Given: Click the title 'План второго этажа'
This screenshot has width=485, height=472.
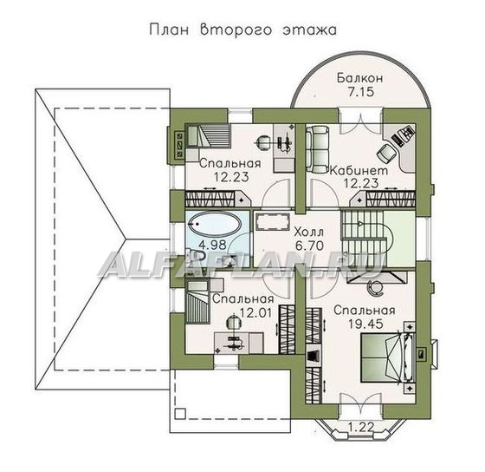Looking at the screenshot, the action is pyautogui.click(x=243, y=30).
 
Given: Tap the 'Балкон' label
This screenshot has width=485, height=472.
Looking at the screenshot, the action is pyautogui.click(x=360, y=78).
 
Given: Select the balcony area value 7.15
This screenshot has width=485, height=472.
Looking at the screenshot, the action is pyautogui.click(x=360, y=92).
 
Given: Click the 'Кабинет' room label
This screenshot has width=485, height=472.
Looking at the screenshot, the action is pyautogui.click(x=359, y=170).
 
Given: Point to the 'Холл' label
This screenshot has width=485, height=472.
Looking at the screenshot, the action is pyautogui.click(x=308, y=232).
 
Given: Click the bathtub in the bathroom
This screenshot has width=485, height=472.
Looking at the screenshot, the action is pyautogui.click(x=214, y=225).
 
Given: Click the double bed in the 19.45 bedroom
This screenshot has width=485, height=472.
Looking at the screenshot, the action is pyautogui.click(x=387, y=357).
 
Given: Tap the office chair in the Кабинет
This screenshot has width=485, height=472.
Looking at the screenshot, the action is pyautogui.click(x=385, y=153).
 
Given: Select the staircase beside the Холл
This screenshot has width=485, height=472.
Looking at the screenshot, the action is pyautogui.click(x=364, y=239).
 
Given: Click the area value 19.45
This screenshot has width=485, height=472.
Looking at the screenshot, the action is pyautogui.click(x=365, y=324).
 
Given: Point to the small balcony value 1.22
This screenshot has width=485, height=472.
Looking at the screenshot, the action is pyautogui.click(x=361, y=427).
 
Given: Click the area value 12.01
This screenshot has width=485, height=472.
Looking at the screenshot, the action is pyautogui.click(x=255, y=312).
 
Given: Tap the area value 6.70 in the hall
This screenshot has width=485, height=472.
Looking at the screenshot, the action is pyautogui.click(x=309, y=246).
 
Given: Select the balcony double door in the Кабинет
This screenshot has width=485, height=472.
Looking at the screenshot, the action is pyautogui.click(x=360, y=121).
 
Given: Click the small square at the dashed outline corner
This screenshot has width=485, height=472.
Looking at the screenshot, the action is pyautogui.click(x=180, y=413).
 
